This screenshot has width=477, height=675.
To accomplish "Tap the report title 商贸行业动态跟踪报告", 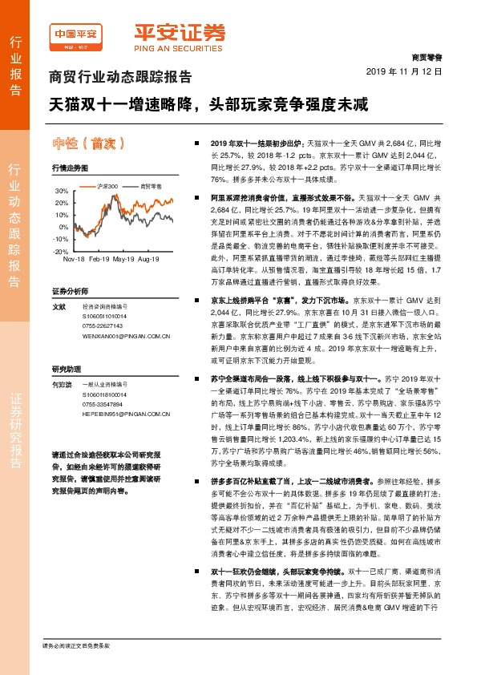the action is click(121, 78).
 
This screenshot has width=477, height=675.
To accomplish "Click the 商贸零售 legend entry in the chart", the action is click(151, 185).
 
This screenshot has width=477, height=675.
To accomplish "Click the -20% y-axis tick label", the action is click(61, 251).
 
